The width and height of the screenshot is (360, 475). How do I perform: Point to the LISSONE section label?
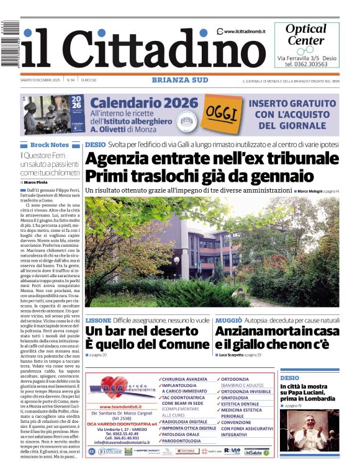click(x=98, y=320)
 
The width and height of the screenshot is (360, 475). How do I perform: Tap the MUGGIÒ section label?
click(x=228, y=320)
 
